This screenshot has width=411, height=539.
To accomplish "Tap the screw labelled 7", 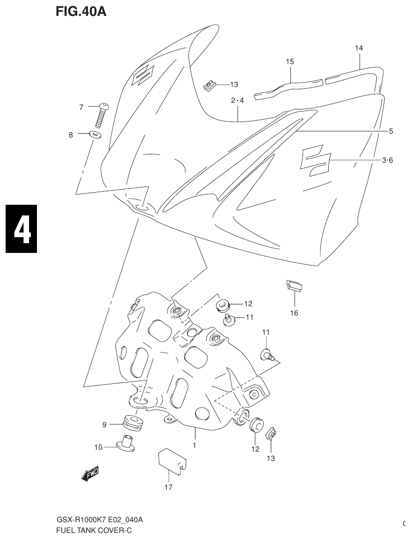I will click(x=101, y=115).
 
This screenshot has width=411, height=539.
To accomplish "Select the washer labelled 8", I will click(x=95, y=135).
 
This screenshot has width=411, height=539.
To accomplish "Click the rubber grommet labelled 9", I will click(x=133, y=423).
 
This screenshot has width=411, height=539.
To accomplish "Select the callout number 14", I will click(x=359, y=48).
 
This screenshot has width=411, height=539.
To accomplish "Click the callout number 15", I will click(x=290, y=62).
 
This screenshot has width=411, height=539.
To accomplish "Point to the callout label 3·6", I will click(x=387, y=160).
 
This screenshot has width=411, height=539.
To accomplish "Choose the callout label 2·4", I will click(x=238, y=101).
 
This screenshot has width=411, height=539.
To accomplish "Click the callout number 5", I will click(x=390, y=131).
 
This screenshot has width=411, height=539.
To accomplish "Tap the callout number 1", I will click(x=195, y=446).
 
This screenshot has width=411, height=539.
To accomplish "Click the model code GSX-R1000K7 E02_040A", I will click(x=100, y=520).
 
